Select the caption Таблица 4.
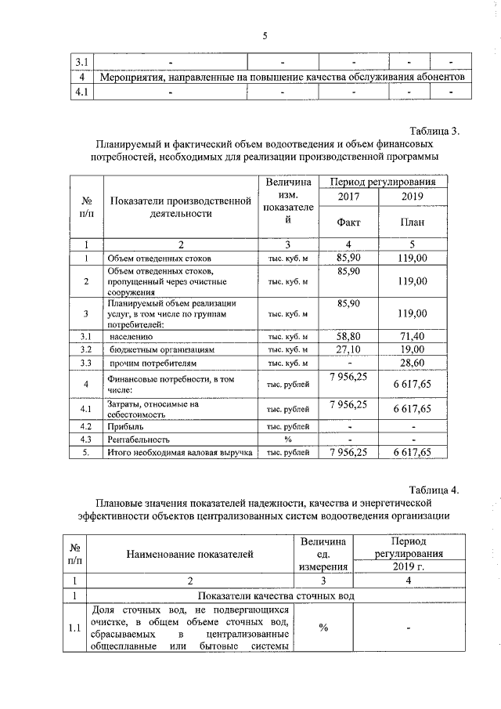pyautogui.click(x=434, y=490)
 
